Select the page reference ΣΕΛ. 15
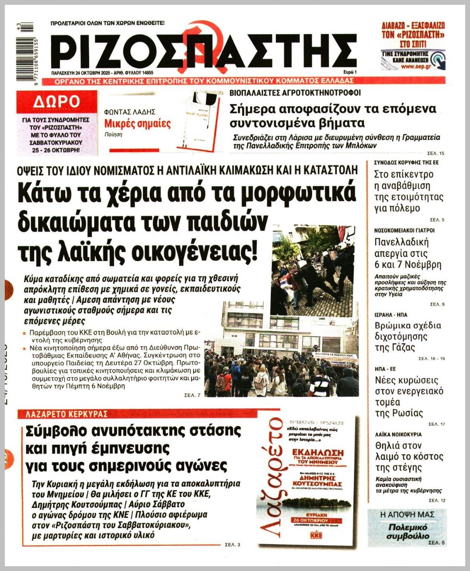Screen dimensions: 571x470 coord(435,153)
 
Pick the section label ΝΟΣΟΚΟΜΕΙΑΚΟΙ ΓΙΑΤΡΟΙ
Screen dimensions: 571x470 coord(404,230)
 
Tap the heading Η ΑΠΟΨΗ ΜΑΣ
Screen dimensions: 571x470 coord(407,514)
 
